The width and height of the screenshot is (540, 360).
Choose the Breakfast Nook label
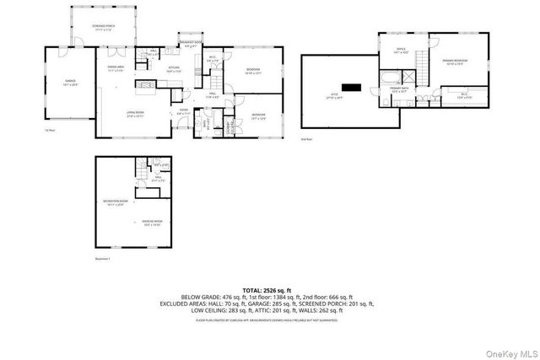[191, 44]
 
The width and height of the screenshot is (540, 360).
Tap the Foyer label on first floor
[182, 110]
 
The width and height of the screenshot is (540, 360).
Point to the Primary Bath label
[399, 89]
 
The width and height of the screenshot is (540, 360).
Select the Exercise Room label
[153, 223]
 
